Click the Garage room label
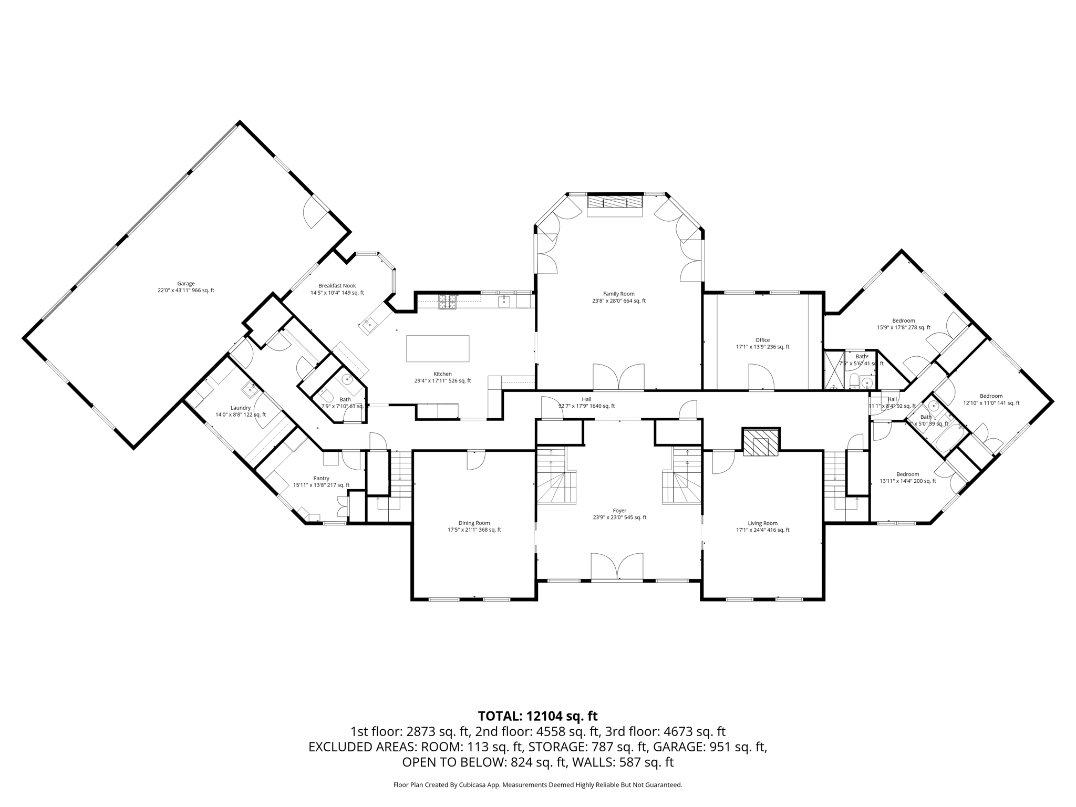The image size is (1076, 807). point(186,287)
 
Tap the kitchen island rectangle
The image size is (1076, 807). point(438,348)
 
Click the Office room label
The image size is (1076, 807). point(762,344)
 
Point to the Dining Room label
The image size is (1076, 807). point(474,526)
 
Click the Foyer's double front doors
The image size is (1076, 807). point(617,567)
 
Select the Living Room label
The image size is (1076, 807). point(762,526)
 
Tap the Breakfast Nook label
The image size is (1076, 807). point(337,289)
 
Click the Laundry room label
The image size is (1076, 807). point(241,411)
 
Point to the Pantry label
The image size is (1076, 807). point(321,481)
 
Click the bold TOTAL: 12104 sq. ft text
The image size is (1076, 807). point(537,716)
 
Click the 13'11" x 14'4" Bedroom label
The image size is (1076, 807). point(907,478)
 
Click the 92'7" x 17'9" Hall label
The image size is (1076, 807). point(586,402)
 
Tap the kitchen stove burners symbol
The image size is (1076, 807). point(447,302)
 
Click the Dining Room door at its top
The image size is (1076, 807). point(476,460)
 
